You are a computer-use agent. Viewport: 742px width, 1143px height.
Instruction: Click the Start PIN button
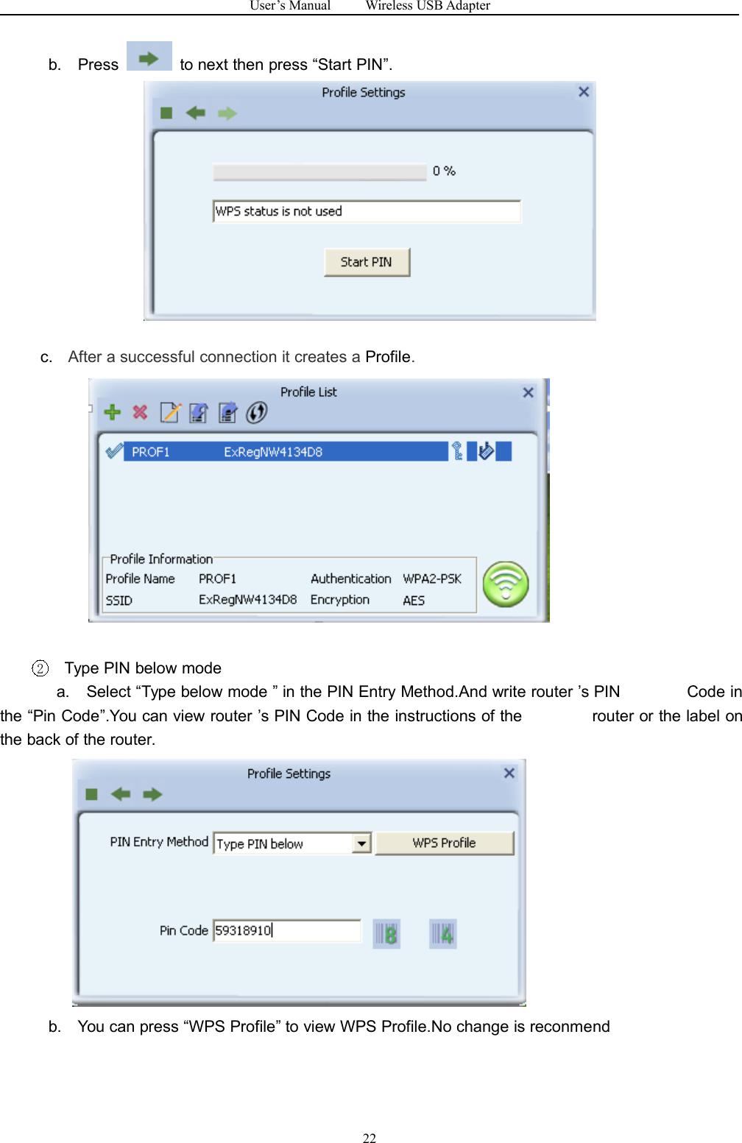click(367, 262)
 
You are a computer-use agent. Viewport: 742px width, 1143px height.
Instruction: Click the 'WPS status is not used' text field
click(367, 211)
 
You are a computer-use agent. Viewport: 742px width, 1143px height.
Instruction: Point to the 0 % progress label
click(444, 171)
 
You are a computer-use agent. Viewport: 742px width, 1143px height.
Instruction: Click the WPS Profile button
click(444, 843)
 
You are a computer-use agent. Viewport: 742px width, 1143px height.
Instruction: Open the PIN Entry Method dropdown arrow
click(361, 843)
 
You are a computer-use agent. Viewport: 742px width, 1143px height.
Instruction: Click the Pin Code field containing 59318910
click(286, 930)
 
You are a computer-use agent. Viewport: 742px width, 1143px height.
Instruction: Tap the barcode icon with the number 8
click(386, 934)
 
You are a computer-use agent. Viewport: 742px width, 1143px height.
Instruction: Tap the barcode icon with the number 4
click(442, 934)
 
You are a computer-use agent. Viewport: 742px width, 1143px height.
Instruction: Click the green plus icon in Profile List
click(112, 412)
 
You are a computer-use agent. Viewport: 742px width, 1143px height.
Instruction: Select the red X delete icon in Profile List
click(140, 412)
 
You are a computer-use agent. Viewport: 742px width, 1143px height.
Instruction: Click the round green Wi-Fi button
click(506, 584)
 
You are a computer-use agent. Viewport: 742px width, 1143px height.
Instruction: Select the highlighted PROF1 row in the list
click(287, 452)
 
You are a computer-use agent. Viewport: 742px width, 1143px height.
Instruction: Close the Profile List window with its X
click(528, 392)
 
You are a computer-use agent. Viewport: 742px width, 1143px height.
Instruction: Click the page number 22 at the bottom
click(370, 1138)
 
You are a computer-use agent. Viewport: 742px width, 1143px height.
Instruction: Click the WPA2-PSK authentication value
click(432, 579)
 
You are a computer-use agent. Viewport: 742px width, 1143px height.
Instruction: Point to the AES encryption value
click(414, 601)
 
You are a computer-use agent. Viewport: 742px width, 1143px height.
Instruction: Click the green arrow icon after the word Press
click(149, 57)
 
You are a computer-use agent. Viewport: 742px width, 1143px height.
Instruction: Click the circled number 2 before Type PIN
click(40, 668)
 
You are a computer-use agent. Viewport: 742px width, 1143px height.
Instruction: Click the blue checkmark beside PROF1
click(113, 451)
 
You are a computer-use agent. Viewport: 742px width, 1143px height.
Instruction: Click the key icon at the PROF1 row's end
click(457, 451)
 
